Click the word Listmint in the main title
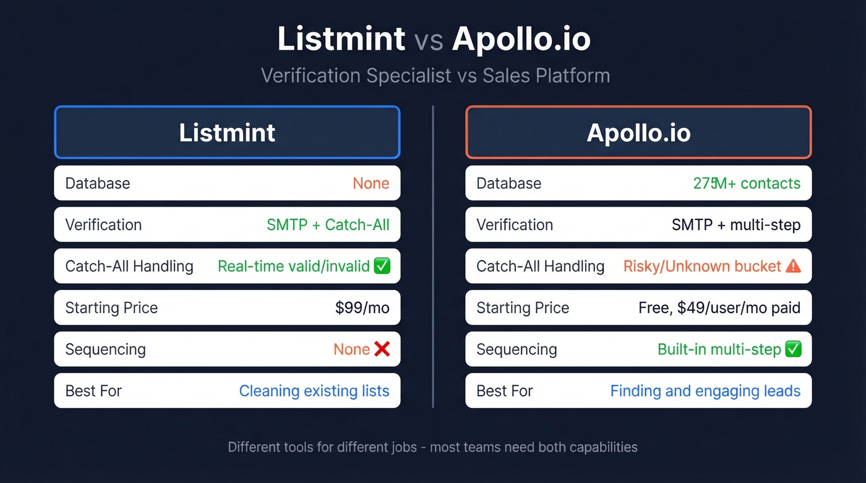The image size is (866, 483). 341,39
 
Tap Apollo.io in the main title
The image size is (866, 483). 521,39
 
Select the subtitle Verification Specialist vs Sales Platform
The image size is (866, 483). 435,75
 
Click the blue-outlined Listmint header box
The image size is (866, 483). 227,132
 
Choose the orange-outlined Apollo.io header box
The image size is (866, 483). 638,132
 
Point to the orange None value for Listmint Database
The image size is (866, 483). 371,183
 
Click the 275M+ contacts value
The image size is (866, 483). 747,183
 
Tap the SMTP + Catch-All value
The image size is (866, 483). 328,224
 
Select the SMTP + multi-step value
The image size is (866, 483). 736,224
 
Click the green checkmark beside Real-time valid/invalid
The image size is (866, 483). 382,267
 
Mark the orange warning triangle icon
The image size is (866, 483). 793,267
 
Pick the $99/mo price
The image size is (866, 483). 362,308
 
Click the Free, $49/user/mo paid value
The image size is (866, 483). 719,308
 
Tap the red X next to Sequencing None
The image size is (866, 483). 382,349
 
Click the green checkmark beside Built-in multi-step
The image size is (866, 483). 793,349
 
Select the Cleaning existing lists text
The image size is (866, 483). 314,391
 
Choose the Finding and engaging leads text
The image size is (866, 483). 705,391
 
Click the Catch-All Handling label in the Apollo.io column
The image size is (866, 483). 540,267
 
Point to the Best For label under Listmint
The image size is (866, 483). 93,391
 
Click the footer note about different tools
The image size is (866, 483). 432,447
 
